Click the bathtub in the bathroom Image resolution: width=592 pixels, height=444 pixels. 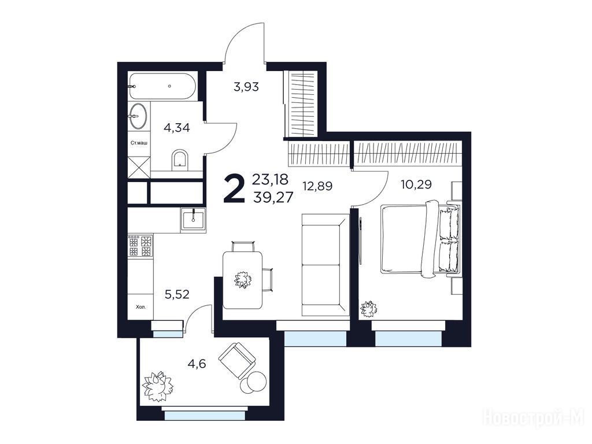point(162,87)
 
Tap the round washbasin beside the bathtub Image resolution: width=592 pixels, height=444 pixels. point(139,116)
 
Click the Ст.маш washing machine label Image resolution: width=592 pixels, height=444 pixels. point(139,143)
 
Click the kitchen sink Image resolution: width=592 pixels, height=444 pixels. point(193,220)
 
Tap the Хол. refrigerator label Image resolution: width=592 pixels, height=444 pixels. point(140,307)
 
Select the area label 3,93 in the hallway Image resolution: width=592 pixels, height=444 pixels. point(246,87)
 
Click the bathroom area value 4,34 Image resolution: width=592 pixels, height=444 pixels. point(176,128)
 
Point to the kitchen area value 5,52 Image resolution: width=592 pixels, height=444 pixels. point(177,294)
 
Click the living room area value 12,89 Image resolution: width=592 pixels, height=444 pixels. point(317,186)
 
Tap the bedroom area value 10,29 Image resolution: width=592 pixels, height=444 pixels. point(416,184)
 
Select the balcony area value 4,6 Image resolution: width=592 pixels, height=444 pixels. point(197,364)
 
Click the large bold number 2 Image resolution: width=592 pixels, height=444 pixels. point(235,188)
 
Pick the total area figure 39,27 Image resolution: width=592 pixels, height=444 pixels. point(273,197)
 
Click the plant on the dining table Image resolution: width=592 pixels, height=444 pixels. point(243,280)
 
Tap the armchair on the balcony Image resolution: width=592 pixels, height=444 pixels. point(237,360)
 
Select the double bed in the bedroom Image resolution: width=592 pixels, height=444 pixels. point(420,238)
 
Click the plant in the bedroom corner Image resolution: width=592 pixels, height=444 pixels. point(368,309)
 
